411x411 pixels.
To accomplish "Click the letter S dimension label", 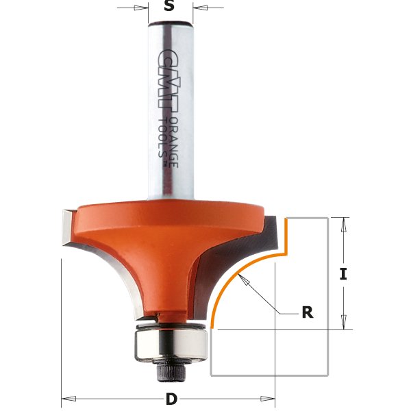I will (x=170, y=9).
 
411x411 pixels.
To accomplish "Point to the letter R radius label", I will (x=307, y=312).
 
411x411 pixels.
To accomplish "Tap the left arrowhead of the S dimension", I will (x=145, y=9).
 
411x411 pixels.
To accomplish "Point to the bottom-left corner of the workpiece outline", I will (x=211, y=375).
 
